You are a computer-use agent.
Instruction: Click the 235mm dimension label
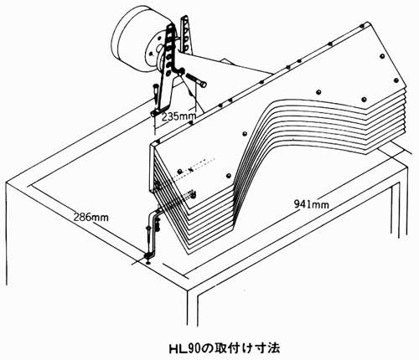[179, 116]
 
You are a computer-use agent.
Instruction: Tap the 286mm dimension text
[91, 217]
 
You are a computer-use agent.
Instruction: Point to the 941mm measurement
[312, 204]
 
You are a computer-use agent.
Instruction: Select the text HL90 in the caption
[185, 348]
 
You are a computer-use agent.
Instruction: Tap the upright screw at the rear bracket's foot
[155, 94]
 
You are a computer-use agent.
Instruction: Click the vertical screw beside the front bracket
[148, 237]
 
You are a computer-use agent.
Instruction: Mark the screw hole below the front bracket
[148, 262]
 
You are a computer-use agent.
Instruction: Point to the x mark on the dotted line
[191, 169]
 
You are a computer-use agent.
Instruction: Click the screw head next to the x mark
[180, 171]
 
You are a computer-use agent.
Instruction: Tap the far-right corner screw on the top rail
[362, 26]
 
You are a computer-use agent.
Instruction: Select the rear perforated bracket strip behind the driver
[187, 35]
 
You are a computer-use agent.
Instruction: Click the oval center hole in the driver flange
[159, 49]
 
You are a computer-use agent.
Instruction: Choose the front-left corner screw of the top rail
[158, 141]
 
